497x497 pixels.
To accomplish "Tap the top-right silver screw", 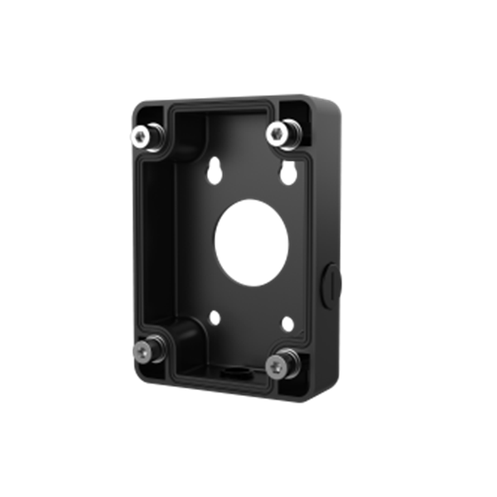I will click(277, 133).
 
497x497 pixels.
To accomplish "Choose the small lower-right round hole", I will click(286, 325).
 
